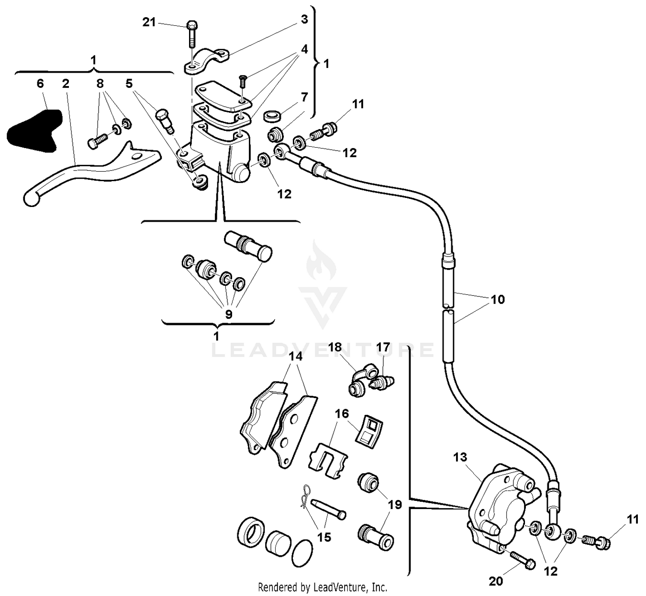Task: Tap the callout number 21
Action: pyautogui.click(x=149, y=22)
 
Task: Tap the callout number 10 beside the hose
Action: pyautogui.click(x=497, y=300)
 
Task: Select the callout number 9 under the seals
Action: pyautogui.click(x=228, y=314)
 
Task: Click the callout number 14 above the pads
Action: pyautogui.click(x=295, y=356)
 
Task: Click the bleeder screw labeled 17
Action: pyautogui.click(x=383, y=381)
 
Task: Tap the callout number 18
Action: pyautogui.click(x=335, y=347)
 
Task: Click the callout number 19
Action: pyautogui.click(x=395, y=504)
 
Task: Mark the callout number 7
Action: pyautogui.click(x=304, y=97)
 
